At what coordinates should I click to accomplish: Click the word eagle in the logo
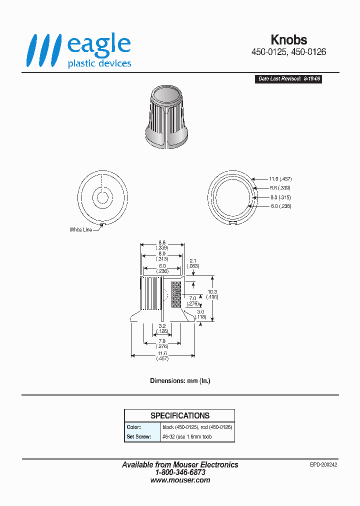pos(98,45)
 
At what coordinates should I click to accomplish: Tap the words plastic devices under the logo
pos(99,63)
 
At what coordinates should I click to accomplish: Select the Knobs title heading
pos(288,40)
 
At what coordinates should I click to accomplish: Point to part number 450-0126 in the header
pos(308,52)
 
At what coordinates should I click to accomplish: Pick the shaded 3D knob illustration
pos(167,118)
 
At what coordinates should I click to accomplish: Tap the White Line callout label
pos(80,230)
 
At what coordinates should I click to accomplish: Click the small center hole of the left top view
pos(102,197)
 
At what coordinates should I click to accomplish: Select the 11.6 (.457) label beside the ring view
pos(280,179)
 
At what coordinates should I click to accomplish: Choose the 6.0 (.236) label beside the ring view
pos(280,206)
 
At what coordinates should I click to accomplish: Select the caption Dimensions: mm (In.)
pos(180,380)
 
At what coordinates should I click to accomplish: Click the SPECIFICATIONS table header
pos(179,415)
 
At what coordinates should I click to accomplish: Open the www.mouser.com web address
pos(180,480)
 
